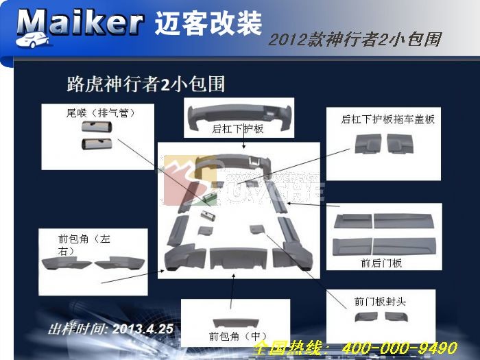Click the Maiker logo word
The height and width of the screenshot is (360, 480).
tap(79, 23)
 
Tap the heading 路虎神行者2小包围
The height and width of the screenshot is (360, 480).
tap(145, 84)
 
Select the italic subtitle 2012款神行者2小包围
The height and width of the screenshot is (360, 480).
tap(354, 39)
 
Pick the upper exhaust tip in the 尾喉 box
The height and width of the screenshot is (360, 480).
tap(97, 128)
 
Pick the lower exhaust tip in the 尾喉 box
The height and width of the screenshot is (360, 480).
tap(97, 143)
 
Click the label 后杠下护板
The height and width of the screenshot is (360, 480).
tap(238, 129)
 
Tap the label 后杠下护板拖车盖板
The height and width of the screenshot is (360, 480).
tap(387, 119)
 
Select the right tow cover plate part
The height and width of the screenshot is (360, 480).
tap(401, 142)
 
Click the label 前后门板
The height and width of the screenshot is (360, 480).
tap(381, 263)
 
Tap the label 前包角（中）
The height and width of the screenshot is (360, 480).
tap(238, 336)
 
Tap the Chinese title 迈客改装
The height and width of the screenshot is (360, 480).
tap(208, 23)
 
